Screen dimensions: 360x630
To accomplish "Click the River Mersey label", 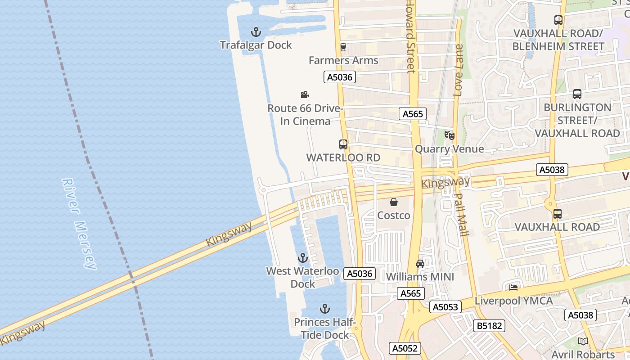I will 79,224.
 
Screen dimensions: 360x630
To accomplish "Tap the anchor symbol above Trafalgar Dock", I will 256,32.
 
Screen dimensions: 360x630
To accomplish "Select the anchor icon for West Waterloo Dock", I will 302,258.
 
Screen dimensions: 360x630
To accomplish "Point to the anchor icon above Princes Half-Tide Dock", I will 324,309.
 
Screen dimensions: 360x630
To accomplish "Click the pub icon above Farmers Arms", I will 343,47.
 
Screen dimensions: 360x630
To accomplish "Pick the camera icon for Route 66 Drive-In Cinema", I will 305,94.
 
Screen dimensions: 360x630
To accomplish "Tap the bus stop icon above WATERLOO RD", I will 343,144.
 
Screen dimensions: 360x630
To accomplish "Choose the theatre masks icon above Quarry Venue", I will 449,135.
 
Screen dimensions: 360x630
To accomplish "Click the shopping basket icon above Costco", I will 394,202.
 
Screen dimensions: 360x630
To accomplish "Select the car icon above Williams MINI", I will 420,264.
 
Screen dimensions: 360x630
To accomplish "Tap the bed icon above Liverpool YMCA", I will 513,288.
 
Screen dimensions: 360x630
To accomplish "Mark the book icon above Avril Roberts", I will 583,341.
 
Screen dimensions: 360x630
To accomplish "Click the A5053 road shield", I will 445,307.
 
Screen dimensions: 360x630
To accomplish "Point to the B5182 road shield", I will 489,326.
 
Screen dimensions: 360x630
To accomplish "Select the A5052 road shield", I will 405,348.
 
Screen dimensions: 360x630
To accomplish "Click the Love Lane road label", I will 459,70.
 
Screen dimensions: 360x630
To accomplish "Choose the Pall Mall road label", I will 462,214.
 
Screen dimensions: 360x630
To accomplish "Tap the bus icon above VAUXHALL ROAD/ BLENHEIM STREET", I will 558,20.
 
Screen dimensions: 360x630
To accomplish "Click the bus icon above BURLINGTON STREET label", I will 577,94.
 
